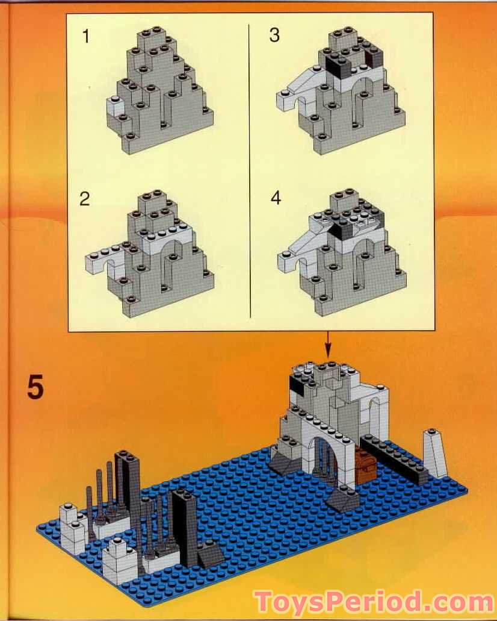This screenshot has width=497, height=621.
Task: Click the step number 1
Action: point(86,37)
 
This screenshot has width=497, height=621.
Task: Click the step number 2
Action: point(85,199)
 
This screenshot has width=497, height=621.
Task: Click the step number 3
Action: point(274,36)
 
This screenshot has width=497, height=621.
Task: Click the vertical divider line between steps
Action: point(249,169)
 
